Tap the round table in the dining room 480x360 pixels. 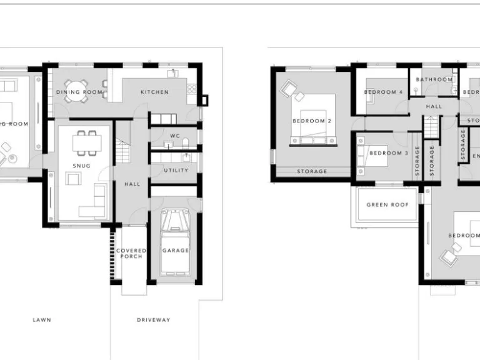pos(79,91)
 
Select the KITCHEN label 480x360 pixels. pos(154,92)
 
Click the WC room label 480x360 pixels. pos(175,136)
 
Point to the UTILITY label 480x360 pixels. pos(176,170)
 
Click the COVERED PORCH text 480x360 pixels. pos(132,253)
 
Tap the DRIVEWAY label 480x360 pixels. pos(153,320)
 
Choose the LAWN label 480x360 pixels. pos(42,320)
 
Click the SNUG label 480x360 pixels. pos(81,166)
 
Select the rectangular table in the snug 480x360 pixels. pos(87,143)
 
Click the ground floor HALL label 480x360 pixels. pos(132,184)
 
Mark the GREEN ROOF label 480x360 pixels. pos(387,204)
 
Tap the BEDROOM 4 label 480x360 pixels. pos(383,92)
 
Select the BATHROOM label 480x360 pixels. pos(434,79)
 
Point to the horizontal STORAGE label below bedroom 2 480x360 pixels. pos(312,171)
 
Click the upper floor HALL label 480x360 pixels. pos(434,107)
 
